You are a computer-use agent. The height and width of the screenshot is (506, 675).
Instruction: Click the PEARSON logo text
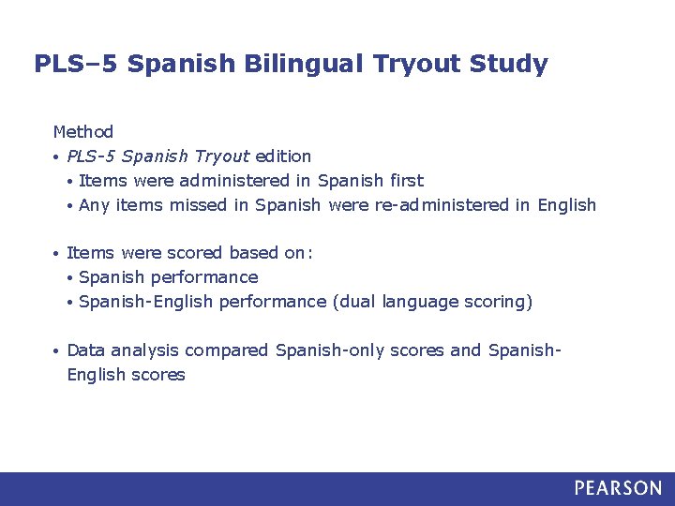(x=618, y=488)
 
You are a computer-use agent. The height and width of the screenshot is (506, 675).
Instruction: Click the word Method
(x=83, y=132)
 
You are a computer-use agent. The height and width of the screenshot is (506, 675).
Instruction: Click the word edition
(x=283, y=156)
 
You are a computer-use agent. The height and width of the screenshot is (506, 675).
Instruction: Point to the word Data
(x=86, y=350)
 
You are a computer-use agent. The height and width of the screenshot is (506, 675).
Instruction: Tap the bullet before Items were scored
(x=57, y=254)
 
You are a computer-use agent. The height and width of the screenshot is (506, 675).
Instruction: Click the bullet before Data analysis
(x=57, y=351)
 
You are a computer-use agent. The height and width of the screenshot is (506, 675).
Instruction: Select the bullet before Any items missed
(x=70, y=205)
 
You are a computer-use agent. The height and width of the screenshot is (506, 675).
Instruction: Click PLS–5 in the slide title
(x=76, y=65)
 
